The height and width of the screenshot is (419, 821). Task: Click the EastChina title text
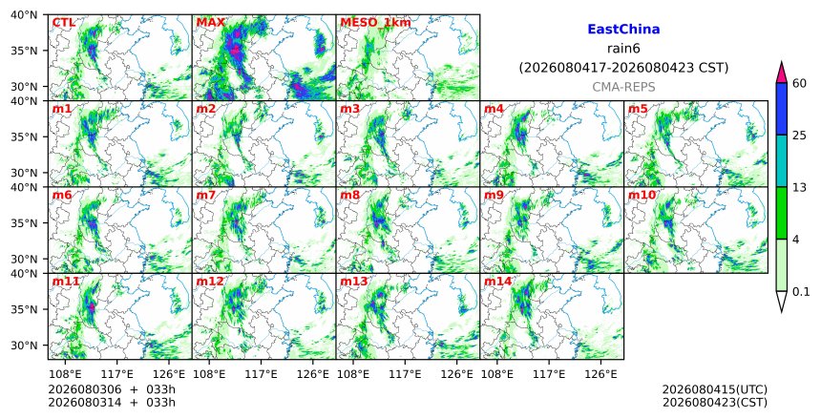click(x=623, y=30)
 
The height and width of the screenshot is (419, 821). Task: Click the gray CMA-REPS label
click(x=623, y=87)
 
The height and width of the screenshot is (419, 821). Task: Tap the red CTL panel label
click(x=63, y=23)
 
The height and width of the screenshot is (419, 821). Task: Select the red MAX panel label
click(x=210, y=23)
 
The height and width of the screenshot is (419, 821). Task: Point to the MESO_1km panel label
click(x=375, y=23)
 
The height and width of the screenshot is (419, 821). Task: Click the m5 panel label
click(x=638, y=109)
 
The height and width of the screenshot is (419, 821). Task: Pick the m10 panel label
click(x=642, y=196)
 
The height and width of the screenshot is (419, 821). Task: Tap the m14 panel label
click(x=497, y=282)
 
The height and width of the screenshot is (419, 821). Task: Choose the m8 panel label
click(x=350, y=196)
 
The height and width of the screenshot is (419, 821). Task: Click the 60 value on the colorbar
click(x=799, y=83)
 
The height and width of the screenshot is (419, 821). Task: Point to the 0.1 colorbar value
click(x=801, y=292)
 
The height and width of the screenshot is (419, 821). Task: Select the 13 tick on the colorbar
click(x=799, y=187)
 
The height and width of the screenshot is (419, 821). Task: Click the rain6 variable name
click(x=623, y=49)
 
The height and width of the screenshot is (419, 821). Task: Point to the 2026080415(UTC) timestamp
click(x=715, y=389)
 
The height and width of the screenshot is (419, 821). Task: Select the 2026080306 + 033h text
click(x=112, y=389)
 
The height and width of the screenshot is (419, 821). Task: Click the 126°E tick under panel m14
click(x=600, y=374)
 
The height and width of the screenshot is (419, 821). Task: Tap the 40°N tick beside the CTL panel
click(x=24, y=15)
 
